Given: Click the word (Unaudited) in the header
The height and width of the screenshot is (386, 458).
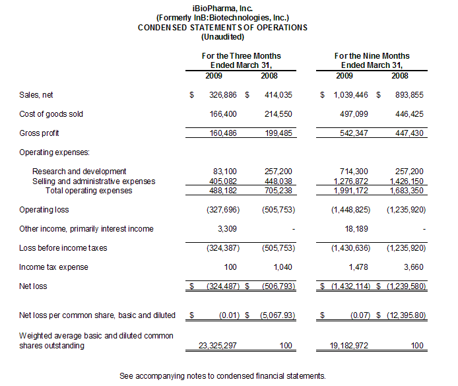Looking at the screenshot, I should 222,37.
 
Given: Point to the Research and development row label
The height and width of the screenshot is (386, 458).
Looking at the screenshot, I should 79,172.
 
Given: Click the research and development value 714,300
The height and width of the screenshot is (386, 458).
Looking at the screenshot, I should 354,172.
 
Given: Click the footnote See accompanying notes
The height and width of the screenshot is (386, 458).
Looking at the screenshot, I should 222,375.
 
